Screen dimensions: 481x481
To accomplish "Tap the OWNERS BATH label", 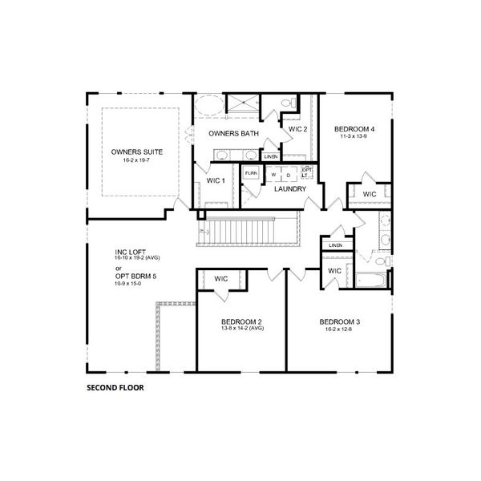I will [232, 134].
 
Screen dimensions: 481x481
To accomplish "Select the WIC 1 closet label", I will [215, 180].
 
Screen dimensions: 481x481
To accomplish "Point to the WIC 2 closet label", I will [298, 128].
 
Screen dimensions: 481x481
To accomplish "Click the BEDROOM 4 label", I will [354, 128].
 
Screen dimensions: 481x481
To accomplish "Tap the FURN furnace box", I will [251, 173].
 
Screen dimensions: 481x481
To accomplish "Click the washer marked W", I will [273, 174].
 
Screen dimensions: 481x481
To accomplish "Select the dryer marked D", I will [287, 174].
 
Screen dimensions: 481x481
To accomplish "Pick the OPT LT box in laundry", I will [306, 172].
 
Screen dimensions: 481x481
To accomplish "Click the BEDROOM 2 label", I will [241, 321].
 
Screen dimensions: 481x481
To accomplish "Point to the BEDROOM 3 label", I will [340, 321].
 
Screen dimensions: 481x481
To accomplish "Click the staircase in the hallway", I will [249, 233].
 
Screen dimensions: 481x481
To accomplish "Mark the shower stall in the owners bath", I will [240, 103].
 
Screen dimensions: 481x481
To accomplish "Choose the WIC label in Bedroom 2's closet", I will [221, 278].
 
